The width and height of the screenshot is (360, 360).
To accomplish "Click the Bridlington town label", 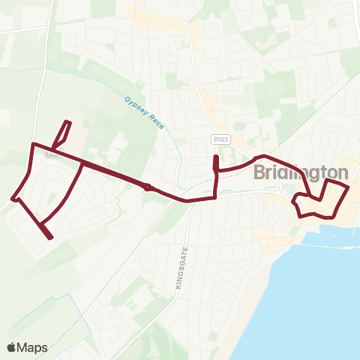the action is [301, 172].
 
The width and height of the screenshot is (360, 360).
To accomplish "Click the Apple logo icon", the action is [12, 347].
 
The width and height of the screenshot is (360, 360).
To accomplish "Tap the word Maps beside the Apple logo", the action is [33, 347].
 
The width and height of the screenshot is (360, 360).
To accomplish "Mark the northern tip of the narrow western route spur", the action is [69, 121].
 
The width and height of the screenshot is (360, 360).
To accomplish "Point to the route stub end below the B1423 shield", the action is [216, 157].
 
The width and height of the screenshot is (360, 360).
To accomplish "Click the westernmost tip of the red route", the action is [13, 199].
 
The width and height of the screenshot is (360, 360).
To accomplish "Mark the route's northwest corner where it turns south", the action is [31, 144].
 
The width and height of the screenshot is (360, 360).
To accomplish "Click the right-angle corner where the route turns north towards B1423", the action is [216, 198].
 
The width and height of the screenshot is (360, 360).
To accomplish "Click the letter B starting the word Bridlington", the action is [259, 172].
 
